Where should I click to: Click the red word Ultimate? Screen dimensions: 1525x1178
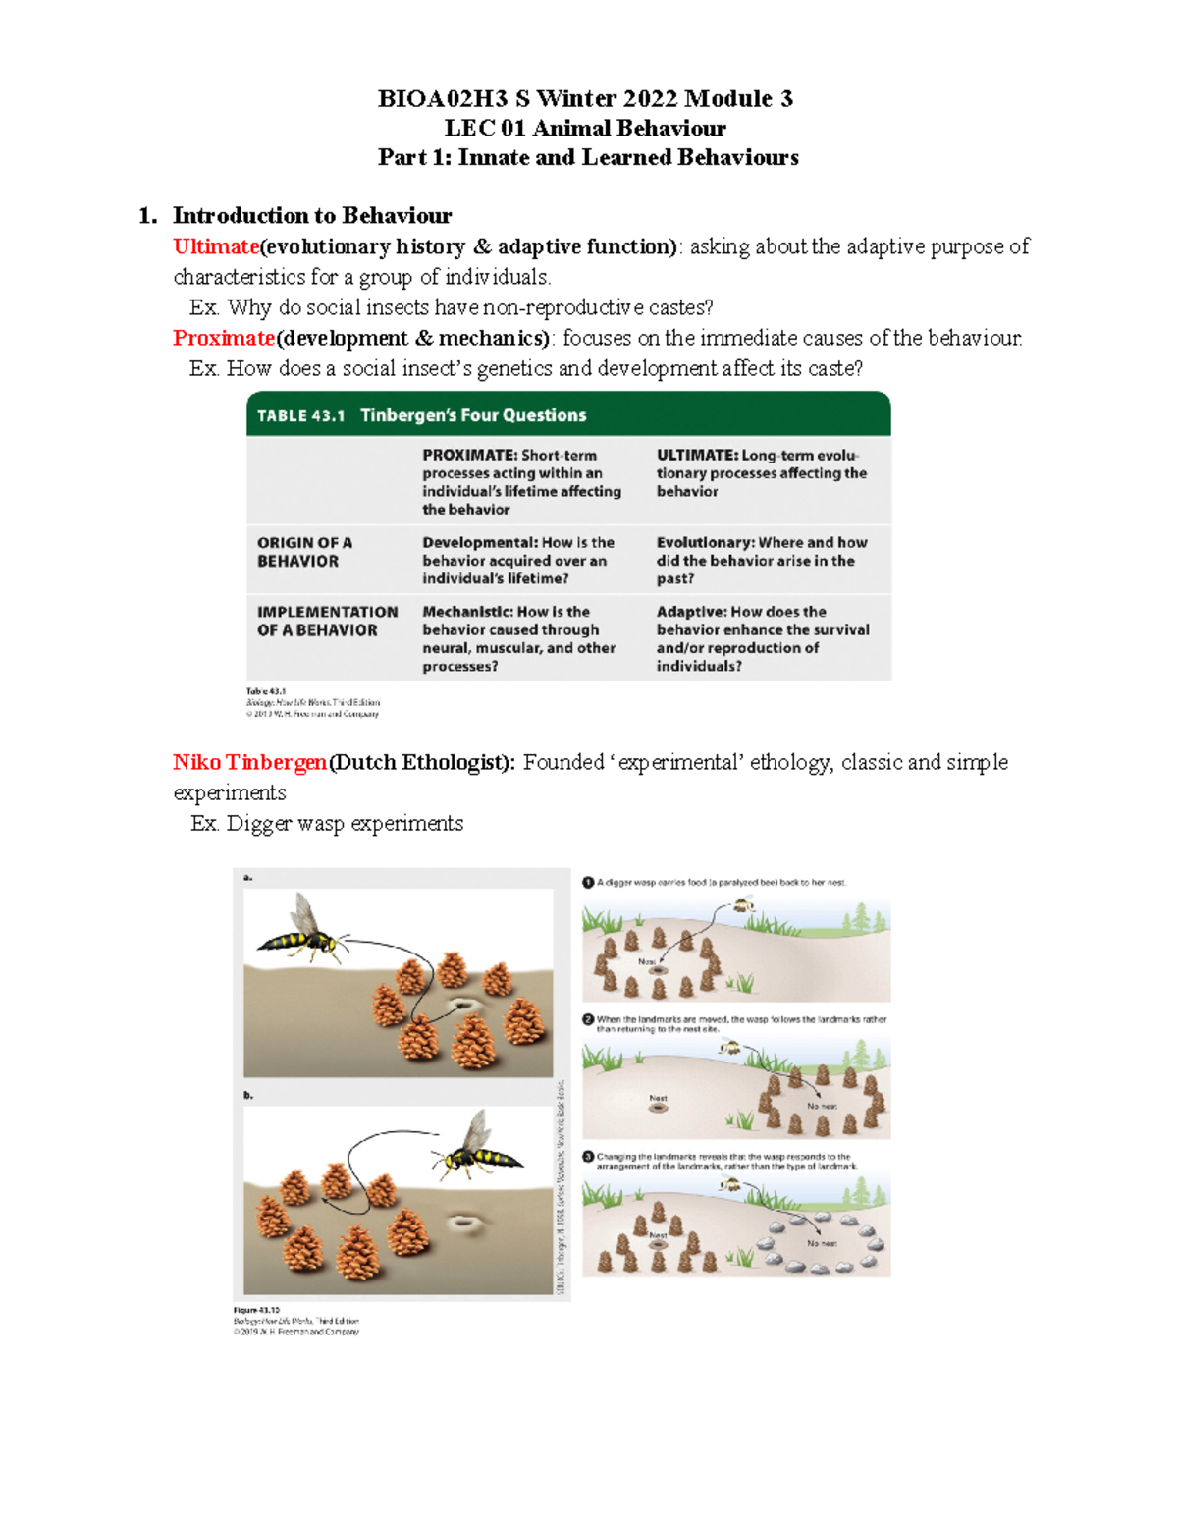tap(216, 246)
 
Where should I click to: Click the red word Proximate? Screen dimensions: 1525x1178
tap(224, 338)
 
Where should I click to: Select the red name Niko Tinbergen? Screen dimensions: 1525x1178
tap(249, 762)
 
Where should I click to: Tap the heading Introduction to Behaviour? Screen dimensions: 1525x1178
tap(311, 216)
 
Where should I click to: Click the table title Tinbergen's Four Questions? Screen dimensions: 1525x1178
tap(473, 415)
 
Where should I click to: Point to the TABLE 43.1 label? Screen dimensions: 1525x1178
tap(300, 416)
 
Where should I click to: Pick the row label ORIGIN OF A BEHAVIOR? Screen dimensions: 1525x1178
tap(304, 552)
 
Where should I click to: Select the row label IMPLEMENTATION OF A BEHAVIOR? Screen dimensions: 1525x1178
tap(327, 621)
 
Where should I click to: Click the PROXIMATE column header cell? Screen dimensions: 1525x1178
tap(521, 481)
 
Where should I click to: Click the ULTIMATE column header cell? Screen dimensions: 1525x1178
tap(761, 472)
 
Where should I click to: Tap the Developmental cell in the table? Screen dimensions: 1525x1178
tap(518, 560)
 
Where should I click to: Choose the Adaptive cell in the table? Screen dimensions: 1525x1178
tap(762, 638)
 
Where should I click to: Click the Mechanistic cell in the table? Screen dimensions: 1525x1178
tap(518, 638)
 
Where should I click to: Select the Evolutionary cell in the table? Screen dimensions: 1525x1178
tap(762, 560)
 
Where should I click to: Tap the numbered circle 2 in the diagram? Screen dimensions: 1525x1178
tap(588, 1019)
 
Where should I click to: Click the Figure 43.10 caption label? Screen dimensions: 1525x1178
tap(256, 1310)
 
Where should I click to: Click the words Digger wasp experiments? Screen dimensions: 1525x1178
tap(345, 823)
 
